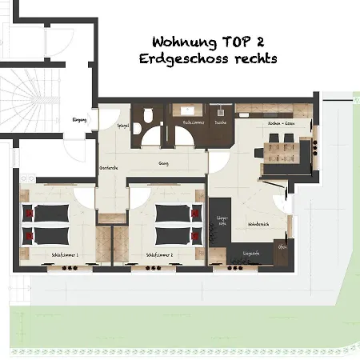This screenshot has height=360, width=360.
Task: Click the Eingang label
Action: tap(79, 119)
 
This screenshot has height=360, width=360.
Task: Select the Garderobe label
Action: tap(109, 167)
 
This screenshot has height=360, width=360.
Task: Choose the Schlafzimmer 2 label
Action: tap(160, 255)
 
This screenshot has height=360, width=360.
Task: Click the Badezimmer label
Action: tap(193, 123)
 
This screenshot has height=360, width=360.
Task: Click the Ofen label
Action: tap(282, 247)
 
